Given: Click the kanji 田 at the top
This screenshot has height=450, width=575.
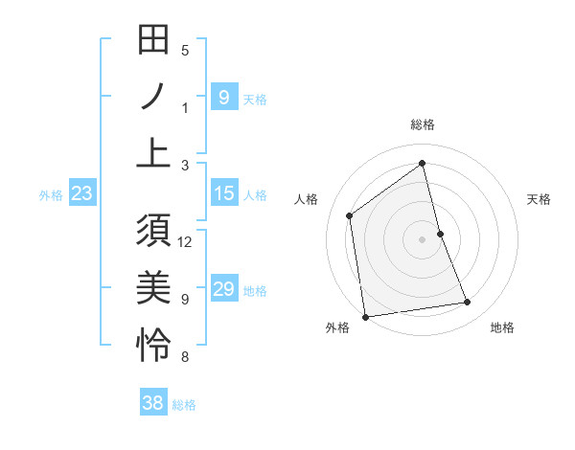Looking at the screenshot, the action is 153,41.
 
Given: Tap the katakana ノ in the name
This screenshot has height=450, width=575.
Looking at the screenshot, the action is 153,97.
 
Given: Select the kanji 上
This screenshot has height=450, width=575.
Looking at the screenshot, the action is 153,152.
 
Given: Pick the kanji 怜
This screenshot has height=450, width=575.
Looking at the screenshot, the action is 153,344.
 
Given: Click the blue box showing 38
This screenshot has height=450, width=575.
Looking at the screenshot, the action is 153,404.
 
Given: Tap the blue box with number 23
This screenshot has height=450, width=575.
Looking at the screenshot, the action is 82,194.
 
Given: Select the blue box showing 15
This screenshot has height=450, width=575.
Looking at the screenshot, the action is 224,194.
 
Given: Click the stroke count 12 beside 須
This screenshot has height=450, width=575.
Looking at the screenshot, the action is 186,241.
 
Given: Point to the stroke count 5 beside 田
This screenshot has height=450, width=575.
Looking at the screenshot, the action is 185,50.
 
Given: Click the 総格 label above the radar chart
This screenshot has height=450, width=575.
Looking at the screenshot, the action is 423,124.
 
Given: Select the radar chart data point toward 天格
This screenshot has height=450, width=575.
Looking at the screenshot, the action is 441,233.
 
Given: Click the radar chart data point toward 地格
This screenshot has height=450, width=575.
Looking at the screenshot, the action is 468,303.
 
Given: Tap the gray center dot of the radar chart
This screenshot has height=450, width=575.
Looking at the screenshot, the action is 423,238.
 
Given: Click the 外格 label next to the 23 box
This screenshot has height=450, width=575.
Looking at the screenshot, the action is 51,195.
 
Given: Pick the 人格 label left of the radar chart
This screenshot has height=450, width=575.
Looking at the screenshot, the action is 306,199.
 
